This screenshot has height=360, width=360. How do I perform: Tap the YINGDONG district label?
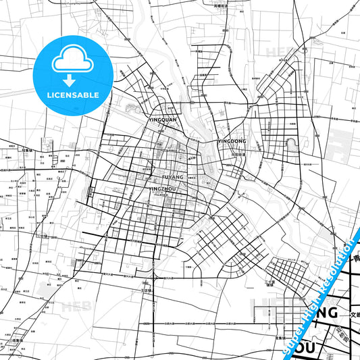(x=232, y=141)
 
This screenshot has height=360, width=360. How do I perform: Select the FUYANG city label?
(x=172, y=177)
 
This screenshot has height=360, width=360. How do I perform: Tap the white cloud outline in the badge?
(x=71, y=61)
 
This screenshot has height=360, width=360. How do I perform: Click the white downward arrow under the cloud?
(x=71, y=78)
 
